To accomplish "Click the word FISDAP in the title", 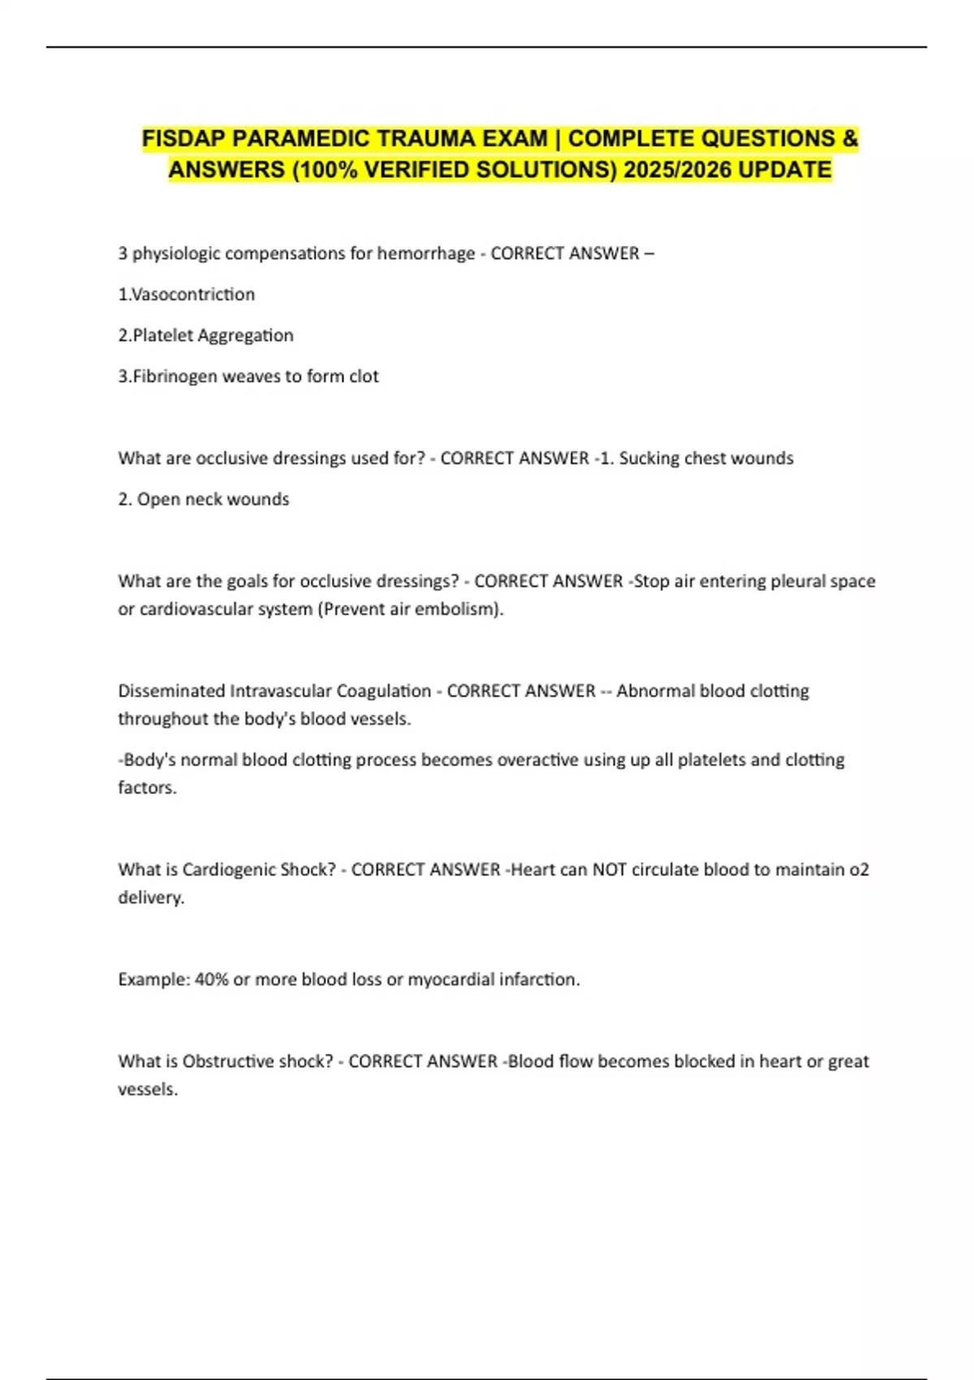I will point(184,139).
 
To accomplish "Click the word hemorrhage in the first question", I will point(426,253).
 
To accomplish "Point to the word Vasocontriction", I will point(193,294).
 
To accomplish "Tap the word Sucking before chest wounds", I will point(649,458).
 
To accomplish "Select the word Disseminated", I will point(170,691).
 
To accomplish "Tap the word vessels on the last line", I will point(147,1089).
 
